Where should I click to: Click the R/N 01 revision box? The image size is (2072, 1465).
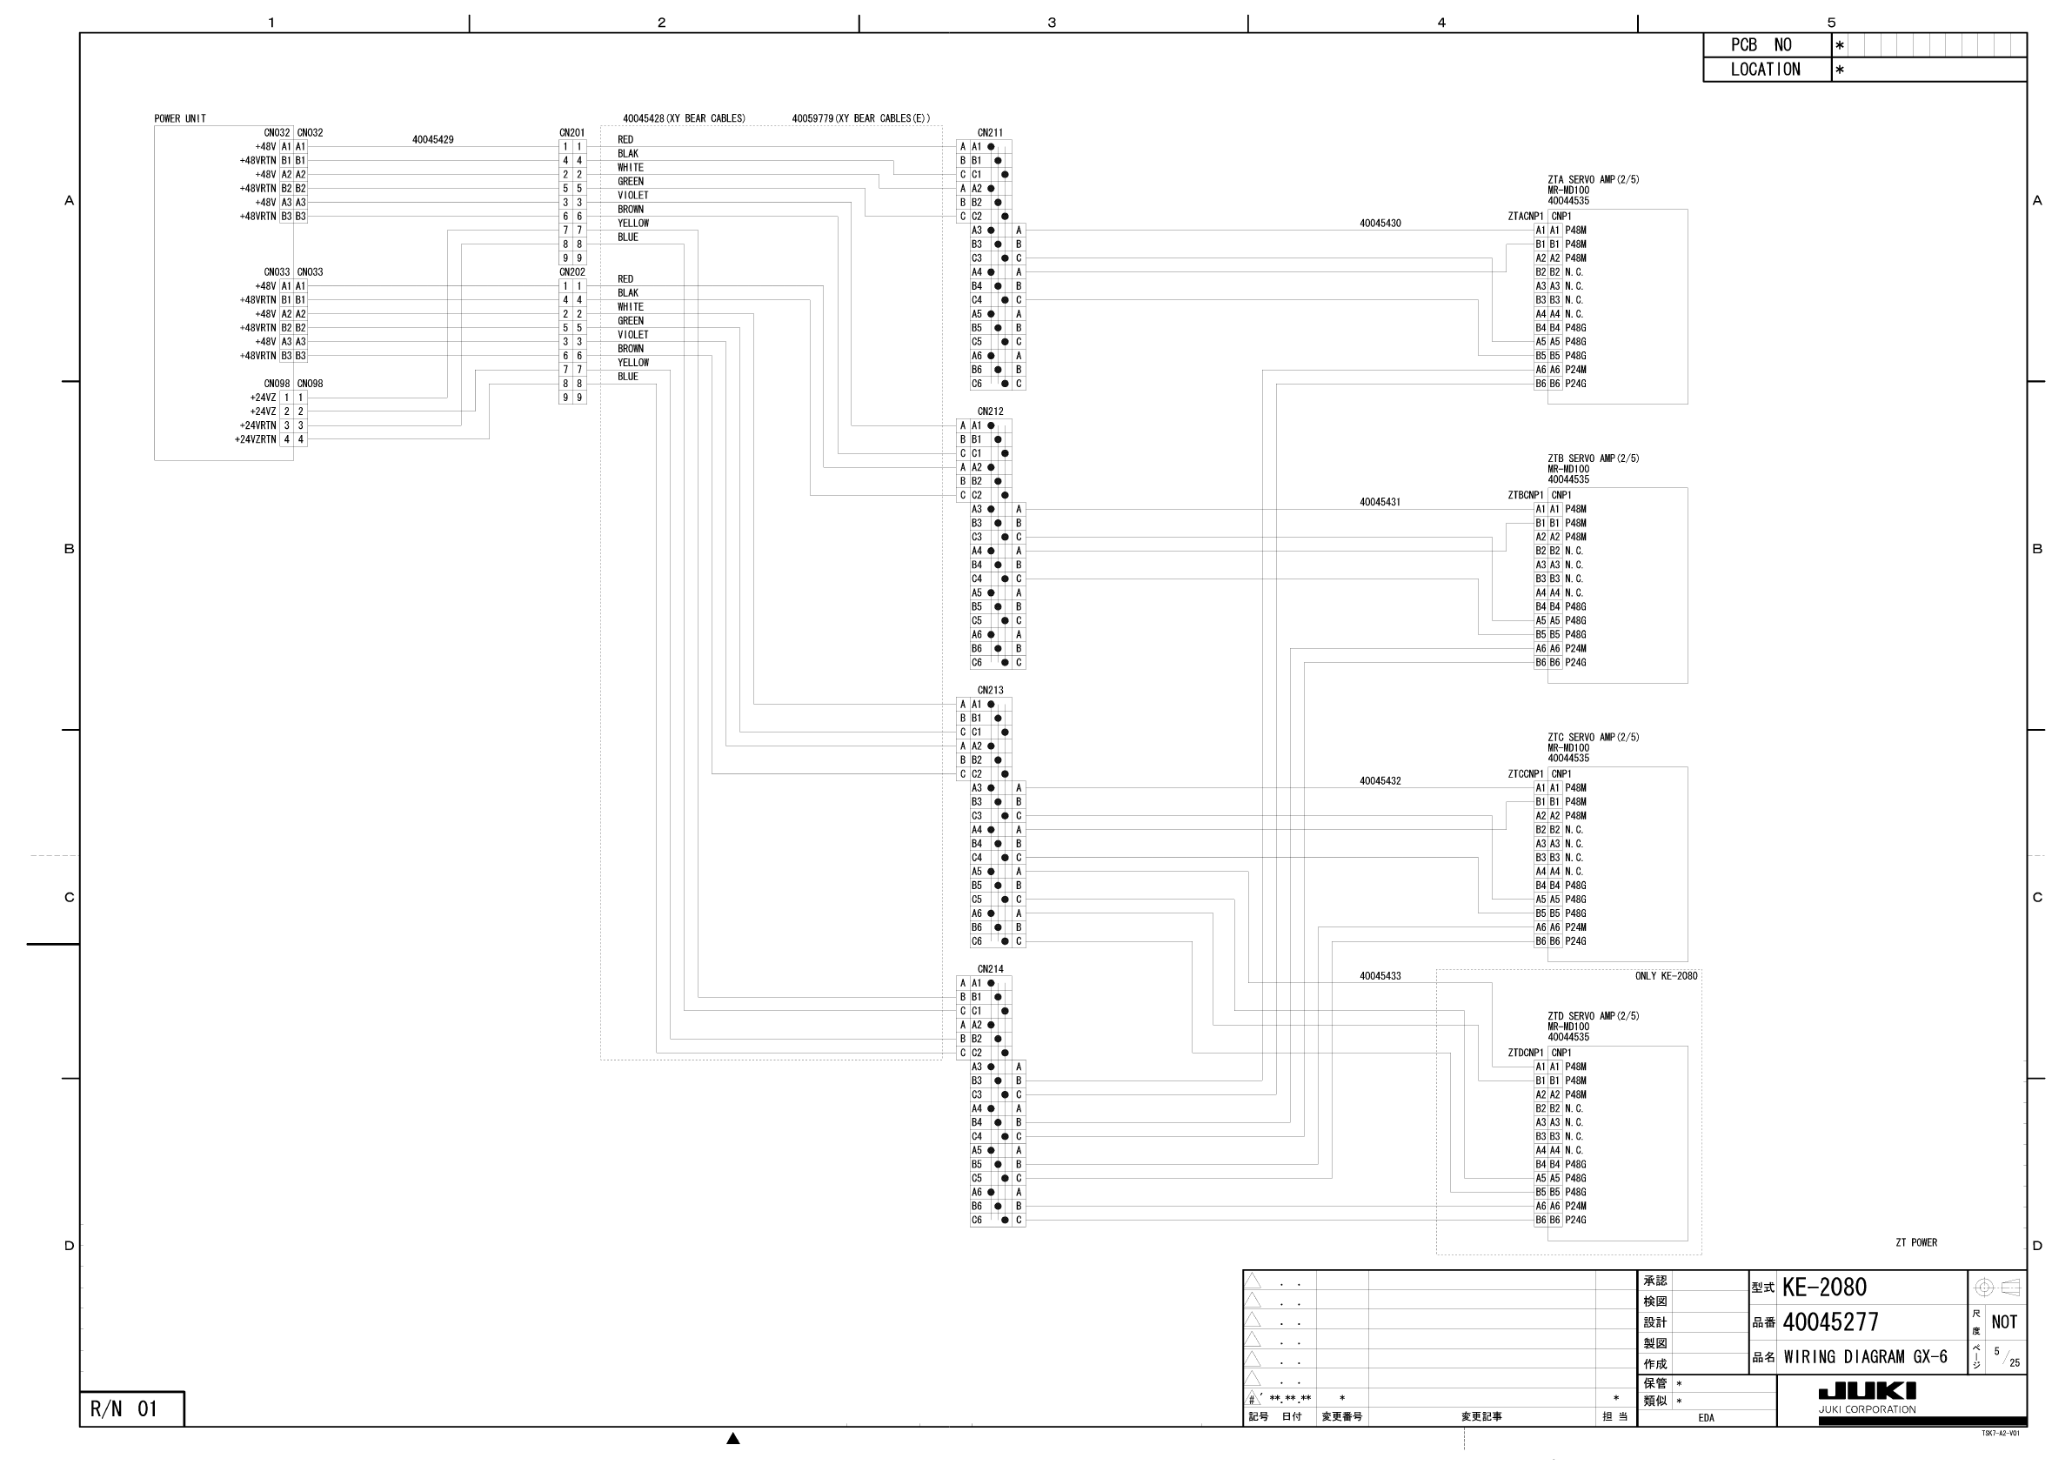[124, 1409]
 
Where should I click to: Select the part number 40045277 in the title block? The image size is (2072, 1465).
[1829, 1322]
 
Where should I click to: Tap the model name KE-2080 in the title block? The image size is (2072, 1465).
[1824, 1288]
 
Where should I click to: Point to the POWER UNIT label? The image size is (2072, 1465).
[179, 118]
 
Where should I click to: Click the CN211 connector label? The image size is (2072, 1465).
[990, 133]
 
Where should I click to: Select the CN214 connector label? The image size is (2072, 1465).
[990, 969]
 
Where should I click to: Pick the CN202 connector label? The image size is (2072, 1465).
[572, 271]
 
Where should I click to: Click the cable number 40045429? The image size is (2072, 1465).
[432, 140]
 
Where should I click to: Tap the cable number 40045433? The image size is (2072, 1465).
[1380, 976]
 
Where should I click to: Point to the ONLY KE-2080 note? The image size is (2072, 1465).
[1666, 976]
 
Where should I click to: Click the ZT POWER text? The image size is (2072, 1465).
[1916, 1242]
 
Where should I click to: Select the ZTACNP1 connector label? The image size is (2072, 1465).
[1525, 217]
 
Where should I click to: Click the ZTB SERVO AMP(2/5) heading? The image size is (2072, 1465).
[1593, 458]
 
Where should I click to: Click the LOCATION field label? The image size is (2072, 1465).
[1764, 70]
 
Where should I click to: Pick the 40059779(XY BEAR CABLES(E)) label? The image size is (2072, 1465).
[860, 118]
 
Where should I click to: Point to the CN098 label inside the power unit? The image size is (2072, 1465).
[277, 384]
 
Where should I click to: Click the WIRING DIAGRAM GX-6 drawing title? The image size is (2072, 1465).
[1865, 1356]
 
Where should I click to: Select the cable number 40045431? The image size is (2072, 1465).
[1380, 502]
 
